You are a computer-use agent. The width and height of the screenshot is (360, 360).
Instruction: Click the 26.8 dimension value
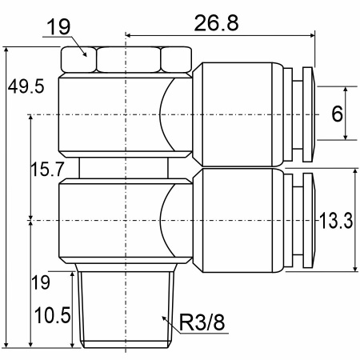(216, 23)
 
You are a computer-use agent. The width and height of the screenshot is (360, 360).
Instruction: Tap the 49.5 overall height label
(26, 86)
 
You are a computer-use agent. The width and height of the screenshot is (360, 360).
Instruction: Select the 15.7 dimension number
(47, 169)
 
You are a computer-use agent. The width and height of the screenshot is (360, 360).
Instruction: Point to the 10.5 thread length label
(53, 315)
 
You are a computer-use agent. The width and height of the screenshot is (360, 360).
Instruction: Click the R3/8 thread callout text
(202, 322)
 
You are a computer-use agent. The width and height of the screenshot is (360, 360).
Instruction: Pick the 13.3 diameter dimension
(336, 221)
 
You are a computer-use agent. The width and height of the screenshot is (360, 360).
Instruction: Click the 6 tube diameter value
(337, 114)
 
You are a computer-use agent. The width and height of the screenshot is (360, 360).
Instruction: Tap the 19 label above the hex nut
(58, 27)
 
